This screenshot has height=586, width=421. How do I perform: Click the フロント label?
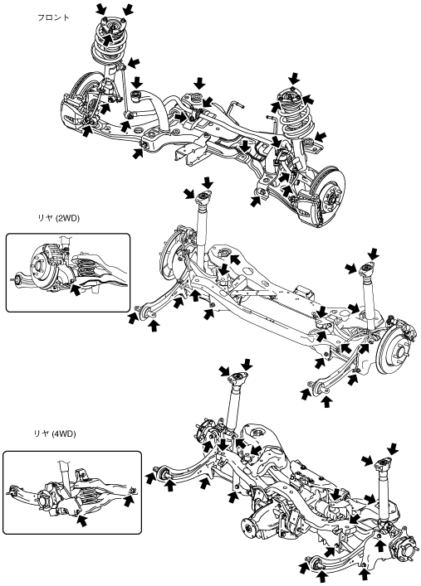pos(53,17)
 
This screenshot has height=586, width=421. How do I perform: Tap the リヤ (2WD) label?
pos(58,219)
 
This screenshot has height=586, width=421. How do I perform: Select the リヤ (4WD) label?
pos(54,433)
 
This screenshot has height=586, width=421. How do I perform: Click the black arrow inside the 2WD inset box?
pos(76,289)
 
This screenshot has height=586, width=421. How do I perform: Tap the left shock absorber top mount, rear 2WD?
pos(203,197)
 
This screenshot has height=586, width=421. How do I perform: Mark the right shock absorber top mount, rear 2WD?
pos(367,269)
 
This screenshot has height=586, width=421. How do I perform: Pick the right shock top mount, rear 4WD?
pos(383,463)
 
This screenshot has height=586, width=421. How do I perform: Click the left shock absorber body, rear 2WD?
pos(203,228)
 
